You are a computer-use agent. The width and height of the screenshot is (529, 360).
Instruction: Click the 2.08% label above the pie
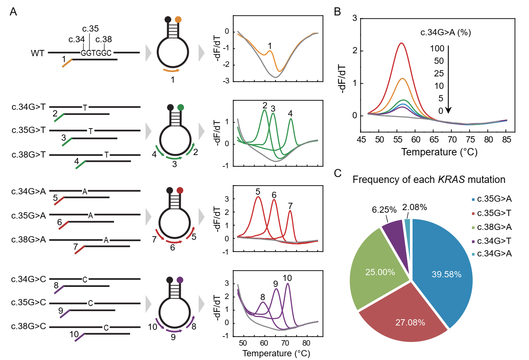pyautogui.click(x=414, y=208)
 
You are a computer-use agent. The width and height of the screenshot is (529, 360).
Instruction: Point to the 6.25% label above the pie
pyautogui.click(x=384, y=210)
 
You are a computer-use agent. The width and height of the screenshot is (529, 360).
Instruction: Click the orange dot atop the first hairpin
pyautogui.click(x=178, y=19)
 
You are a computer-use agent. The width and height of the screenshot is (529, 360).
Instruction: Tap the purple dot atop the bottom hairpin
pyautogui.click(x=180, y=280)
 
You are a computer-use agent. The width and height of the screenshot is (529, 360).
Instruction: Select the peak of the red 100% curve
pyautogui.click(x=402, y=43)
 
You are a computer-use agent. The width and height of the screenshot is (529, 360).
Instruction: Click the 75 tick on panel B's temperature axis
pyautogui.click(x=470, y=140)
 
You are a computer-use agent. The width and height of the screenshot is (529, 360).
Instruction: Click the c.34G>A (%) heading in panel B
pyautogui.click(x=446, y=32)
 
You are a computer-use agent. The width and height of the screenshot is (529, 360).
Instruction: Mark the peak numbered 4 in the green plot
pyautogui.click(x=291, y=119)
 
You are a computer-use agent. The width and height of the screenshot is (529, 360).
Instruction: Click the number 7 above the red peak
pyautogui.click(x=290, y=206)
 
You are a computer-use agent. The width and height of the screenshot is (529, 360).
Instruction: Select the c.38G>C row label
pyautogui.click(x=28, y=326)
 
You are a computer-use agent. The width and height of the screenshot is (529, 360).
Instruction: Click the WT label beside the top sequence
pyautogui.click(x=37, y=53)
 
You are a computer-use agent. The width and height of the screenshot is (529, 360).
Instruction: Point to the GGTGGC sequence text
pyautogui.click(x=96, y=53)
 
